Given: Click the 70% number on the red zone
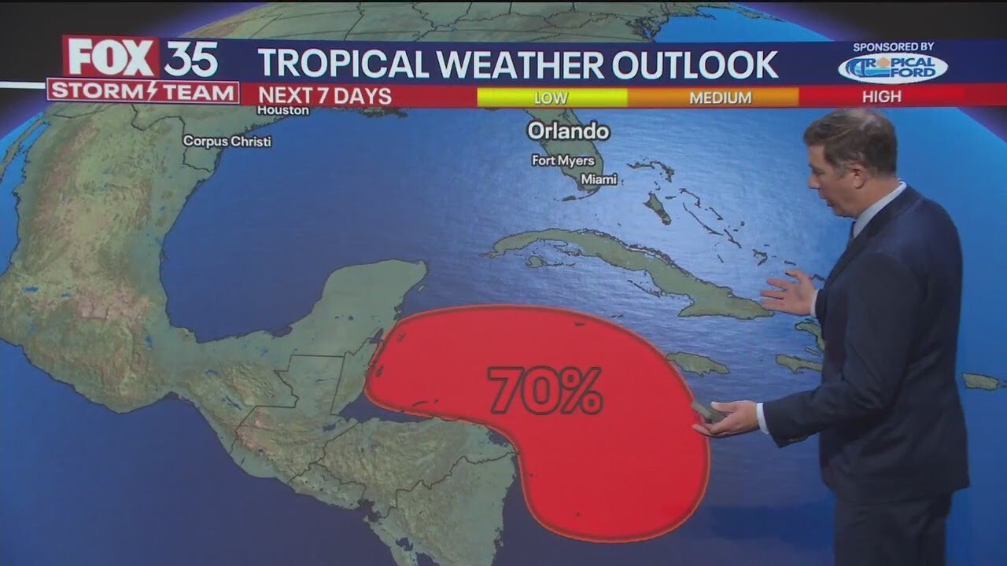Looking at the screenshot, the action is tap(544, 390).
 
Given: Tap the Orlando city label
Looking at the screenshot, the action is tap(568, 130).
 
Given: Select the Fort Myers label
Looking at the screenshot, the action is tap(563, 161).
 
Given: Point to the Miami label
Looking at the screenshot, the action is tap(599, 180).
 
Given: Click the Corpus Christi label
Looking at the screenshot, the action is tap(227, 141).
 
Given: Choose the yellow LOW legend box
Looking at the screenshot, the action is tap(551, 97).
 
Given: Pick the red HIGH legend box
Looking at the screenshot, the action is tap(881, 97).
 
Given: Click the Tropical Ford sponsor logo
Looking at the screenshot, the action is tap(892, 67).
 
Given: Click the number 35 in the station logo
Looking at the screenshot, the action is tap(190, 58).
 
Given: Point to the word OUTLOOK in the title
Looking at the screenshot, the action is tap(695, 64).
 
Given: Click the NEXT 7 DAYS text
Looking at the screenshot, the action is tap(325, 96).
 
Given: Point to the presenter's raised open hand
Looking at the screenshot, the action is tap(789, 293).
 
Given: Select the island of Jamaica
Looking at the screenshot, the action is tap(697, 363).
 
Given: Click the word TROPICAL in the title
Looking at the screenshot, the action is tap(345, 64).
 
